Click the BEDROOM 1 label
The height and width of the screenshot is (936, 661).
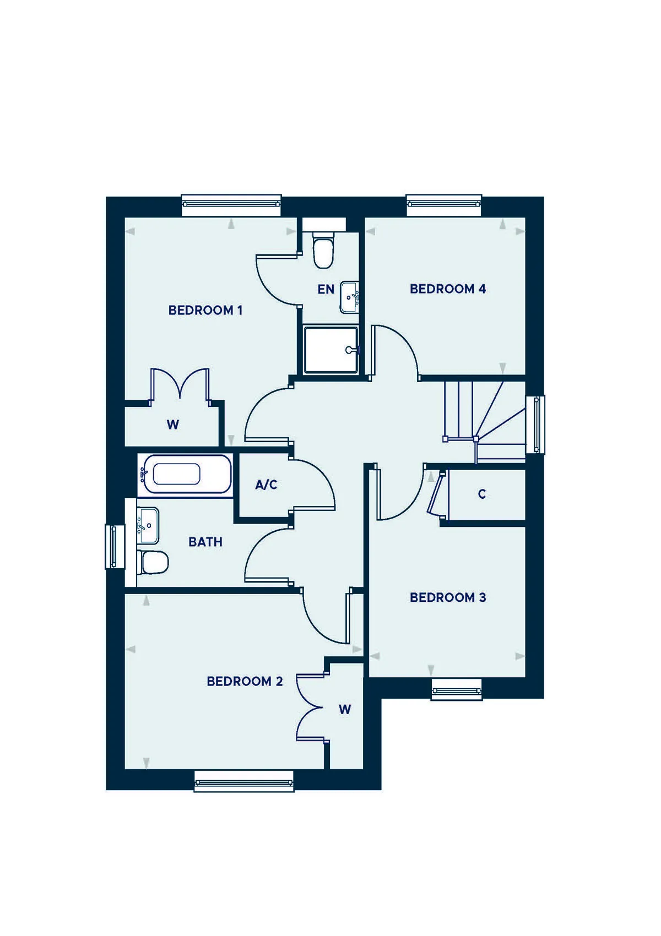205,311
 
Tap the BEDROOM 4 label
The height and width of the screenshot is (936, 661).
448,289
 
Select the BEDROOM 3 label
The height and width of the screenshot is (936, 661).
448,597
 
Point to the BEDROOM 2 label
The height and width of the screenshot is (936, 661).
245,682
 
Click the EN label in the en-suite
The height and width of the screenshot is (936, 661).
326,289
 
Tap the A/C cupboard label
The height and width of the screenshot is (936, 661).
266,485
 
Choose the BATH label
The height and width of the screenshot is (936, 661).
205,542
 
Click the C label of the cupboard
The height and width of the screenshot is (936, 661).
482,494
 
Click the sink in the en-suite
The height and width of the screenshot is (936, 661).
350,297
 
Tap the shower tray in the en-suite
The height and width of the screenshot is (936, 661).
331,350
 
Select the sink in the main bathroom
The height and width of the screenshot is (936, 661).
148,526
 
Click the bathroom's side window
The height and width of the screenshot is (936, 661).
115,547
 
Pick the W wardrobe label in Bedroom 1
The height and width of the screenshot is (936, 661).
173,425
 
